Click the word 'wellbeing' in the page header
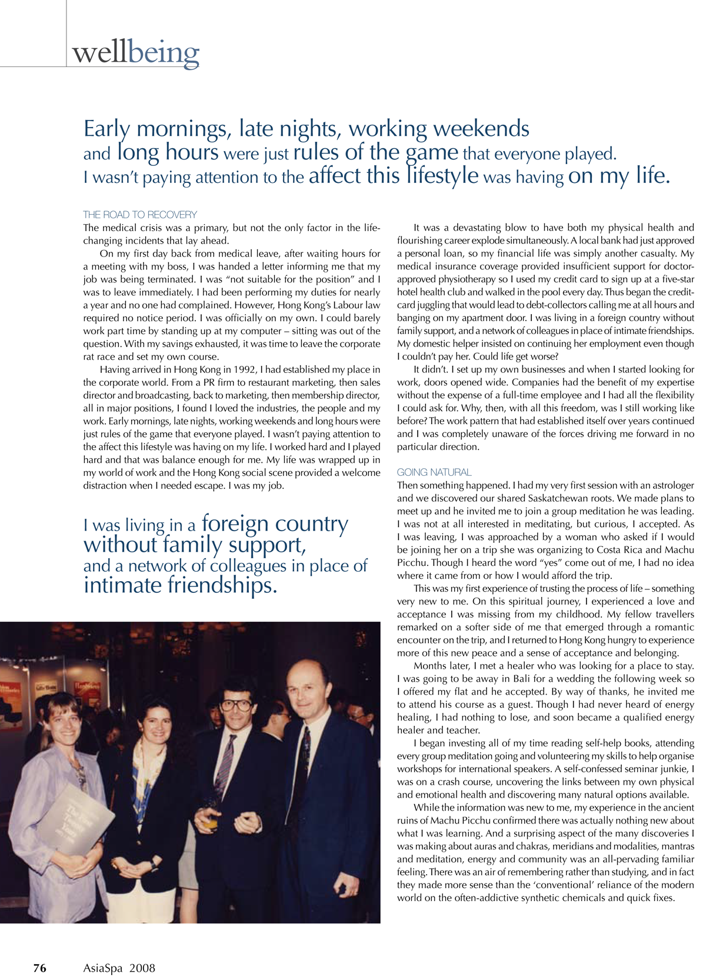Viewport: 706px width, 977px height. point(136,53)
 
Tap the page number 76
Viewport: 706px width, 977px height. point(39,968)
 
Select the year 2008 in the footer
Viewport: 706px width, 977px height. point(142,968)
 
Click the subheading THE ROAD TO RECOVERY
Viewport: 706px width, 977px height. point(140,215)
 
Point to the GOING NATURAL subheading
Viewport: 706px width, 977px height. point(434,472)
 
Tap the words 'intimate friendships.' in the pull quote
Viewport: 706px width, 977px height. point(180,586)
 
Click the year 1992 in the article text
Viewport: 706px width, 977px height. point(245,370)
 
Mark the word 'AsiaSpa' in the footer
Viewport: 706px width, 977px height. point(103,968)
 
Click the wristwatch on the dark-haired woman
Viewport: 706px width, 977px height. point(154,863)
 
